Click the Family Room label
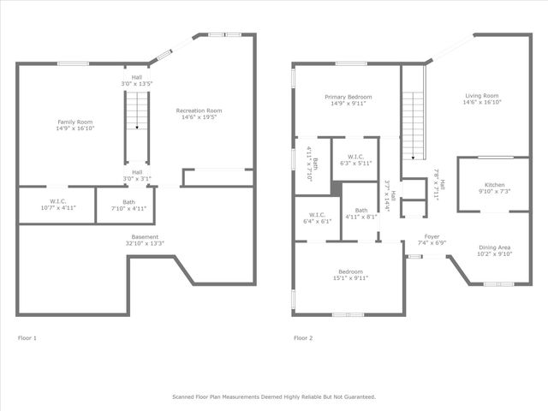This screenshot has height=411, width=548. (x=70, y=122)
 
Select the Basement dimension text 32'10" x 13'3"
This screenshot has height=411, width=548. (x=144, y=243)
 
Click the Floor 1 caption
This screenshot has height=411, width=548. (x=27, y=338)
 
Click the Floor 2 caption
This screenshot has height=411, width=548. (x=303, y=338)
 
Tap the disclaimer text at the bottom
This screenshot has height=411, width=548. (x=273, y=396)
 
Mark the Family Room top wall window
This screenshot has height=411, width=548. (x=73, y=63)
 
